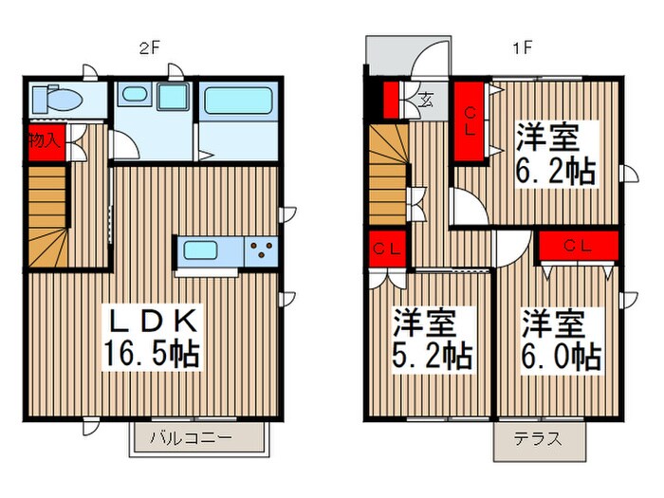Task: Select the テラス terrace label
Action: pyautogui.click(x=538, y=439)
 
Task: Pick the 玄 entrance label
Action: pyautogui.click(x=426, y=99)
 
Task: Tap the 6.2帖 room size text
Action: pyautogui.click(x=556, y=171)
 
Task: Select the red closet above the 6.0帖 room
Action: pyautogui.click(x=579, y=245)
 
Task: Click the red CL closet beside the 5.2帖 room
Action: pyautogui.click(x=385, y=249)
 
